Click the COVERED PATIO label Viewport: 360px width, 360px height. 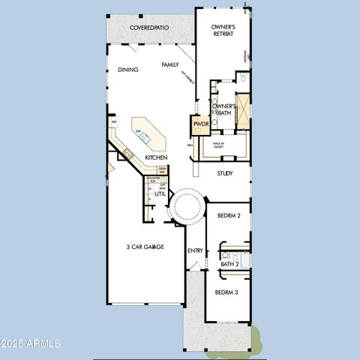149,28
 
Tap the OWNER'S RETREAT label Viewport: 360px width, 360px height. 223,31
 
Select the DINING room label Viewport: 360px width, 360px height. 127,70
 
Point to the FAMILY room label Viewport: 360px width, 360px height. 170,65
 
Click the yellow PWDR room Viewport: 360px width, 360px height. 200,124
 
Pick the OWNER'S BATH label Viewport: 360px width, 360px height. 223,109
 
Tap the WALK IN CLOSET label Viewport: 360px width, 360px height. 218,145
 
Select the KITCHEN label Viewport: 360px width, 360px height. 156,157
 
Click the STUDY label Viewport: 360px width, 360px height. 225,173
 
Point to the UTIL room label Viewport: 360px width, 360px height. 160,193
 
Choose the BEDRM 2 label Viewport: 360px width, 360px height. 228,215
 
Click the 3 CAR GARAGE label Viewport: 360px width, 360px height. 145,247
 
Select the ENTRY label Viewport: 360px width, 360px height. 195,250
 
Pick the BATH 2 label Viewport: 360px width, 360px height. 229,264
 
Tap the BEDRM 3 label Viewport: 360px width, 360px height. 226,292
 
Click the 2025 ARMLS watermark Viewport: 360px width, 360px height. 31,343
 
